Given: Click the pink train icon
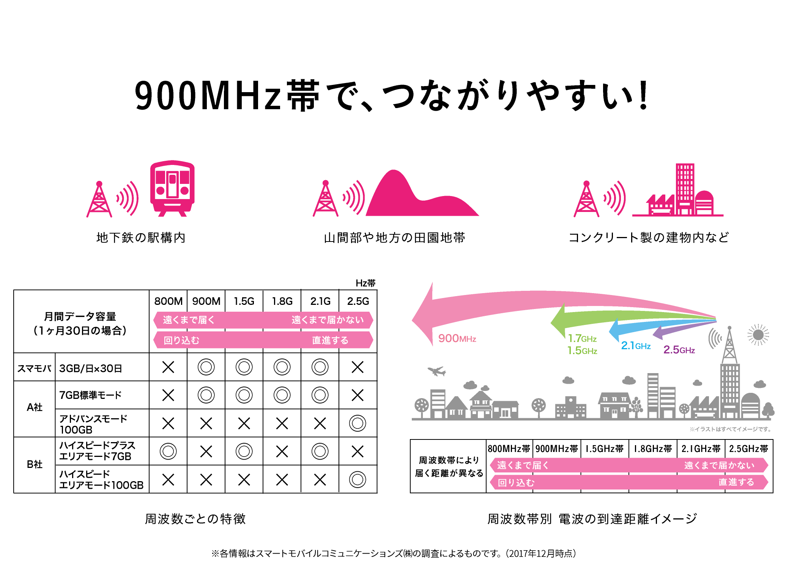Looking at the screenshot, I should coord(172,188).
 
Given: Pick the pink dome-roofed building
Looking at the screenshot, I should coord(704,203).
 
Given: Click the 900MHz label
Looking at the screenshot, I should coord(457,339).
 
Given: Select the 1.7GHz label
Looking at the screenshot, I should coord(582,339).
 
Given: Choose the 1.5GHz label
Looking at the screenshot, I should coord(582,351).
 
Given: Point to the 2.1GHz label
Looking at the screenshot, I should coord(636,346).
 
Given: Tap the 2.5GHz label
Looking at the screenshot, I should coord(679,350).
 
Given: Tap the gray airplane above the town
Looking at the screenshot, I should coord(436,371).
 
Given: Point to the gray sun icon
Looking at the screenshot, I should coord(758,335).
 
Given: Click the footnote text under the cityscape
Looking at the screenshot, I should coord(730,429).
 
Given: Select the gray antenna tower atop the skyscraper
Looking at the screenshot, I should coord(729,345).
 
